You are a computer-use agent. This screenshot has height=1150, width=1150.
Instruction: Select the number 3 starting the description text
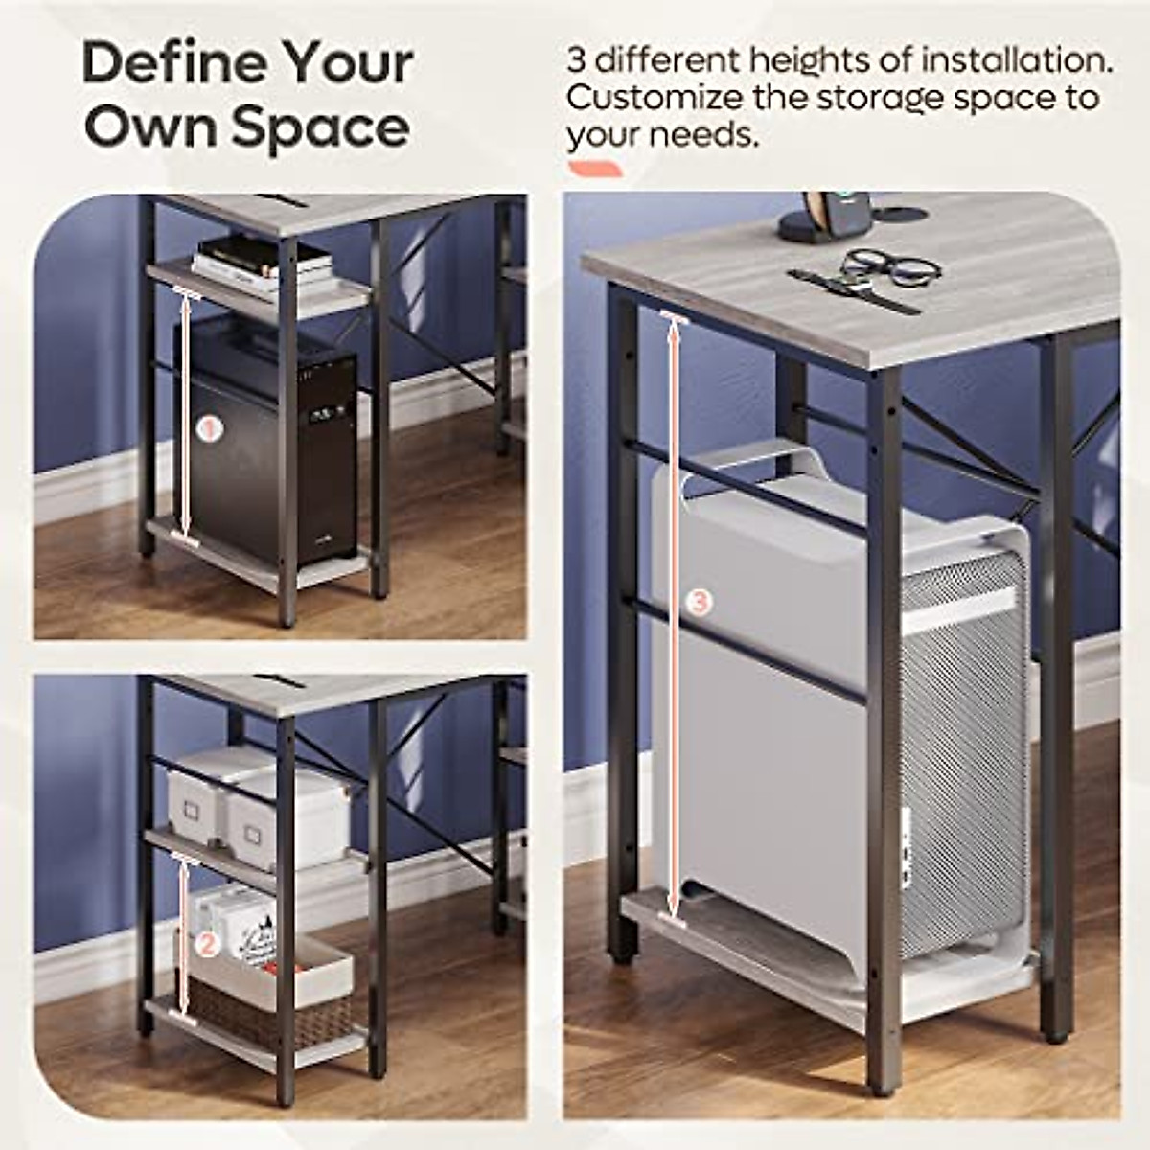[576, 61]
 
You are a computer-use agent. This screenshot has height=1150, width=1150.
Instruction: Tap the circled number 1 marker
[209, 427]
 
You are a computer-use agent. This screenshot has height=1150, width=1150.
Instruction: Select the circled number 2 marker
[207, 944]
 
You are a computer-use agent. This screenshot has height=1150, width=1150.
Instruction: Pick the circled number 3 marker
[701, 602]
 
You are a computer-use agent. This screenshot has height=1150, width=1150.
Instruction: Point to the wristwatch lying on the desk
[853, 289]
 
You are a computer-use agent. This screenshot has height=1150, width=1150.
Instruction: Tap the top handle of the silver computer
[757, 460]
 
